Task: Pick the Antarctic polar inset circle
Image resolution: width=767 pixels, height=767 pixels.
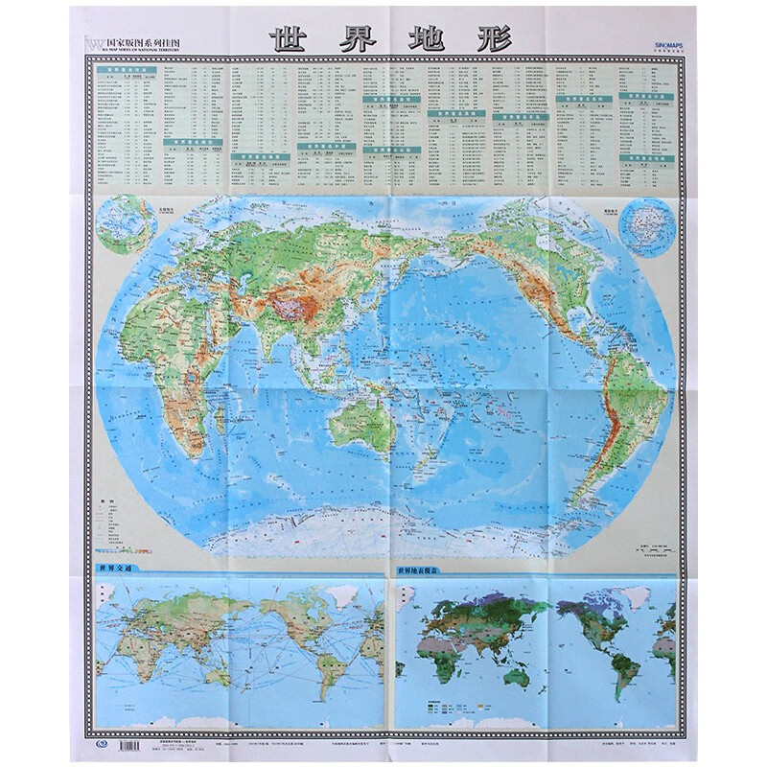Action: [x=644, y=224]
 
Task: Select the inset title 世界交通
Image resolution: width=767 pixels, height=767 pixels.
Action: [x=113, y=569]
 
